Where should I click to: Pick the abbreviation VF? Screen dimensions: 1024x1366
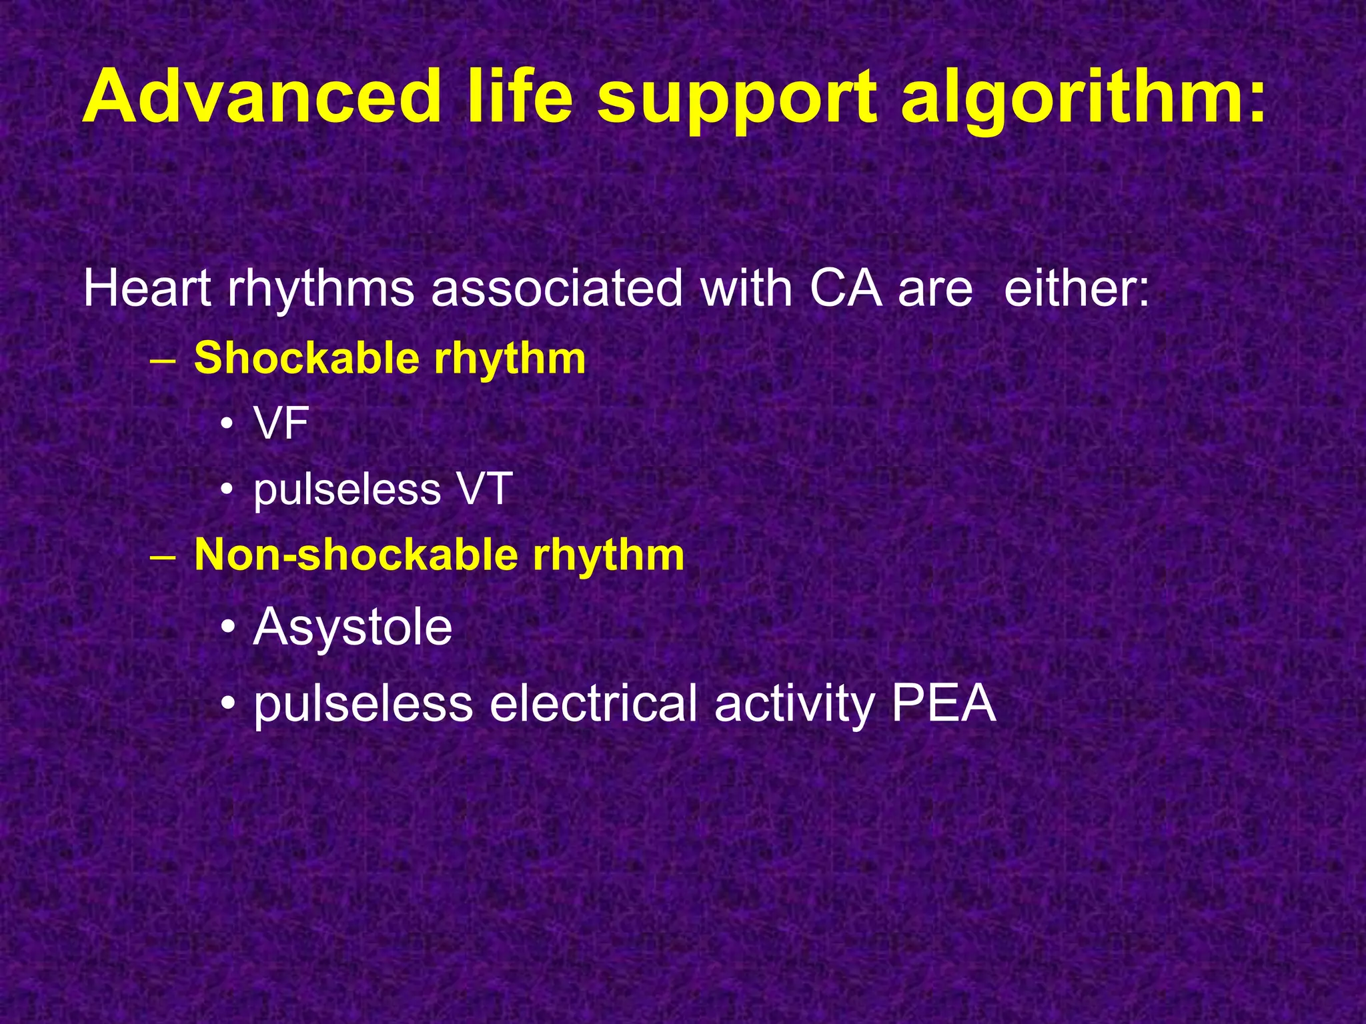(281, 423)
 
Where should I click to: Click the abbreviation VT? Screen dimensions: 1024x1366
(485, 489)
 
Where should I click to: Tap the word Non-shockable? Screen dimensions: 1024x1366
(356, 555)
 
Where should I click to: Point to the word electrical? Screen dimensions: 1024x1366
(594, 703)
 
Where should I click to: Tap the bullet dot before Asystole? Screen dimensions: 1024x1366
(229, 628)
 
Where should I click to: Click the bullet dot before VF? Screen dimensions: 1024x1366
(227, 425)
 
